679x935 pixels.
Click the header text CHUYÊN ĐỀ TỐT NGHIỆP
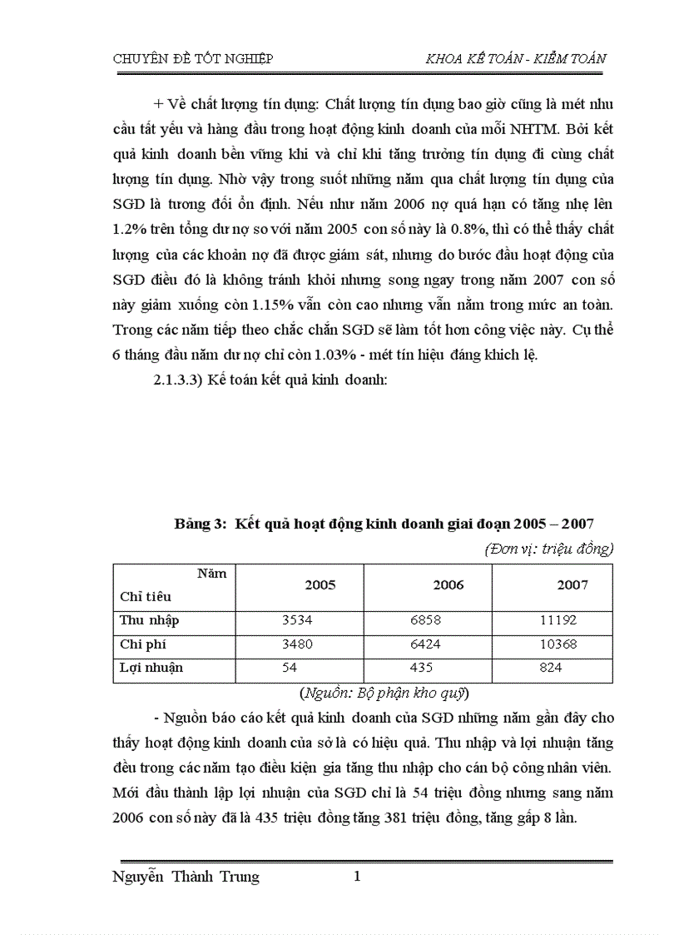(x=192, y=58)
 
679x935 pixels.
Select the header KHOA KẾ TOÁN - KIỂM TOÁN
(x=515, y=58)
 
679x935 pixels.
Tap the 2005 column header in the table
(x=320, y=585)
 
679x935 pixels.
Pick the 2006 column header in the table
(x=449, y=585)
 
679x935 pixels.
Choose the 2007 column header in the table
(x=572, y=585)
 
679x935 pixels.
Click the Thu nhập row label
(x=150, y=620)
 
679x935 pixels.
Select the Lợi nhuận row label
(x=151, y=668)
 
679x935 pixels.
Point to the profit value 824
(x=550, y=668)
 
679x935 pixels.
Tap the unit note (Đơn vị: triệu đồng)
(x=548, y=549)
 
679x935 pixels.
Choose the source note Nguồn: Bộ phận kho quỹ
(x=384, y=692)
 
